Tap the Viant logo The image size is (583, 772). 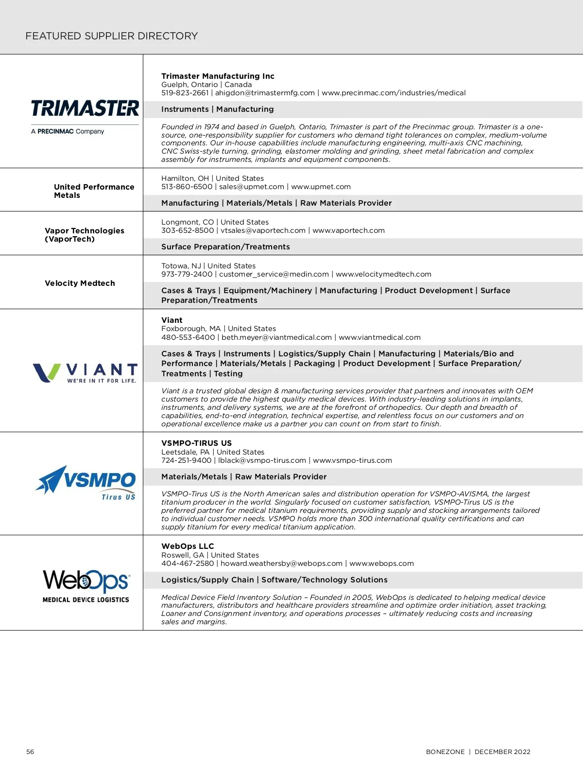click(85, 373)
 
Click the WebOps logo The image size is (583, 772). click(86, 586)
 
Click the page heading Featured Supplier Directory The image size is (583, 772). click(112, 36)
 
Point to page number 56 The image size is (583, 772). click(30, 752)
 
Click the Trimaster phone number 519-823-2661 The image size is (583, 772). click(185, 93)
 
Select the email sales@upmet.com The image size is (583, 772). click(251, 187)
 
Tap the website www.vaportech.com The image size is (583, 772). click(348, 230)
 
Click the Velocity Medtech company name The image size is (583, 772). click(80, 283)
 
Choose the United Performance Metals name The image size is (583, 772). click(94, 191)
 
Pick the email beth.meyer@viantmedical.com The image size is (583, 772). click(276, 337)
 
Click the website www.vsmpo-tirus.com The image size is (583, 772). click(352, 460)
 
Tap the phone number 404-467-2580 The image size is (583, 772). click(188, 563)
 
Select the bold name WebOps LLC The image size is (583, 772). click(188, 546)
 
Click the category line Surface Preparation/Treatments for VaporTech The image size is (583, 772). click(225, 247)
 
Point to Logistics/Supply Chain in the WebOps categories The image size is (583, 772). click(207, 580)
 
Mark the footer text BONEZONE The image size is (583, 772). click(445, 752)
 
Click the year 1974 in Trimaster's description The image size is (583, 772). click(211, 127)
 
